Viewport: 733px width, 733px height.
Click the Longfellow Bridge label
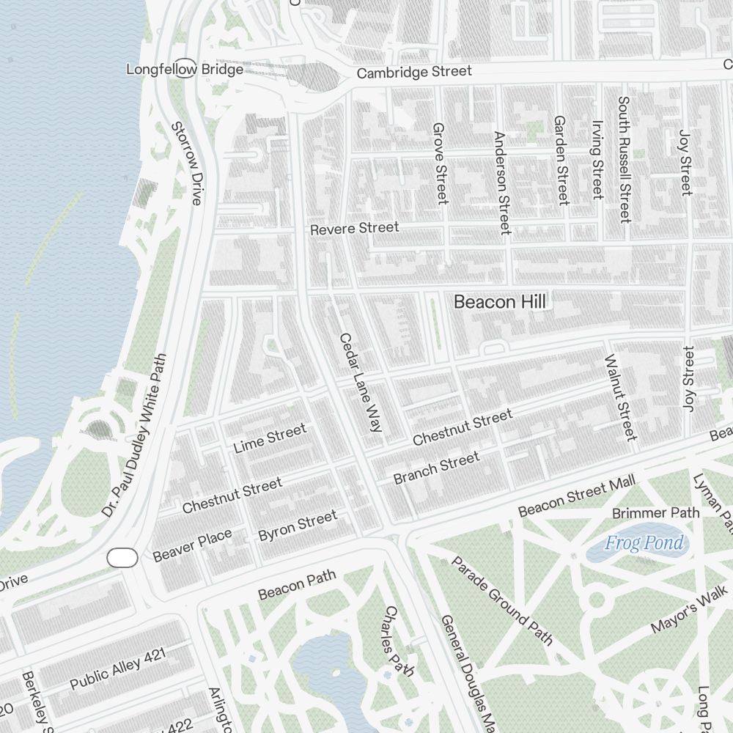click(185, 70)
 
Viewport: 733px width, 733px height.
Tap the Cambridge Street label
click(414, 72)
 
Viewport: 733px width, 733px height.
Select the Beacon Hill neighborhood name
click(500, 301)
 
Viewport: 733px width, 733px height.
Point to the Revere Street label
click(355, 229)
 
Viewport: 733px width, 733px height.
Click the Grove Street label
click(440, 163)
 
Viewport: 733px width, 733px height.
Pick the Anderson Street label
click(501, 183)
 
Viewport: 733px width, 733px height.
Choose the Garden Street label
click(561, 160)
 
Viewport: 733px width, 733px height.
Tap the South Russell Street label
click(624, 159)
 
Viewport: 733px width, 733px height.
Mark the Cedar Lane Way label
click(360, 382)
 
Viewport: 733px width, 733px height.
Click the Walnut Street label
click(620, 397)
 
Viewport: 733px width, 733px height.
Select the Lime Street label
click(270, 438)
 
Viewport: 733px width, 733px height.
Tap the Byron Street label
click(298, 526)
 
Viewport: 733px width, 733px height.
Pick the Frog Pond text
click(644, 543)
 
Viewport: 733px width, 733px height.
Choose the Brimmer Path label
click(655, 513)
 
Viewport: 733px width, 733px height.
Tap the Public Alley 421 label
click(119, 668)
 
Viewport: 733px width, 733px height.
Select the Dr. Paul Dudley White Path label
click(134, 435)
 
